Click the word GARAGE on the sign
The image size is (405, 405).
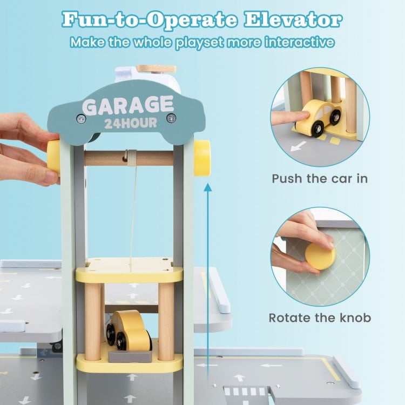[x=127, y=105]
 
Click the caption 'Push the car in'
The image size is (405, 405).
[x=320, y=179]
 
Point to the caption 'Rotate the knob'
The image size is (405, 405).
[x=320, y=318]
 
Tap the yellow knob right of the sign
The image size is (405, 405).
[x=202, y=158]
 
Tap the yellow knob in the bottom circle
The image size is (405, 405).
[x=320, y=254]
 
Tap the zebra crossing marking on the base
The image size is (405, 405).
[x=244, y=391]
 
